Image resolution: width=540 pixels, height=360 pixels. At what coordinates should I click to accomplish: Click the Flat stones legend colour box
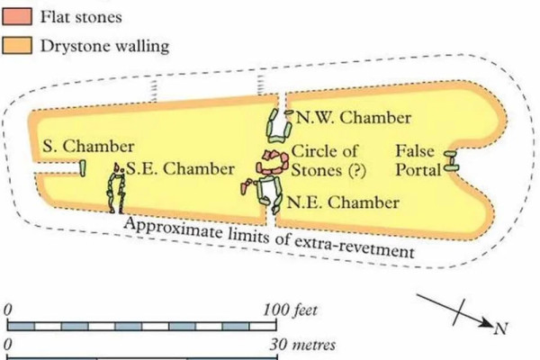tap(17, 16)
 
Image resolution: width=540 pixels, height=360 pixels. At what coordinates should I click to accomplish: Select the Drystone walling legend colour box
tap(17, 46)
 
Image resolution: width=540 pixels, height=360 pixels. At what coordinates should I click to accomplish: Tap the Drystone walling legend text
tap(105, 46)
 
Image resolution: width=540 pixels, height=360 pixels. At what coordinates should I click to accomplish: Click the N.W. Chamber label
tap(354, 118)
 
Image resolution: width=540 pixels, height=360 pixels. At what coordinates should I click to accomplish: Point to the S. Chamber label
tap(88, 146)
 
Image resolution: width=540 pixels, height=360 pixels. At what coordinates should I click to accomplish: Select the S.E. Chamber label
tap(181, 169)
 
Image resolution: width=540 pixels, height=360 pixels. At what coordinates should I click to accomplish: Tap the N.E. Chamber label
tap(343, 202)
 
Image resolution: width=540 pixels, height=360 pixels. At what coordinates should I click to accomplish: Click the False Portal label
tap(418, 160)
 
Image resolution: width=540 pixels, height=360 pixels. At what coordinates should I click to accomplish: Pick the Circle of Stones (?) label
tap(328, 160)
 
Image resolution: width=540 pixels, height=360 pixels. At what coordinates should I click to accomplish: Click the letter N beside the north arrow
tap(500, 328)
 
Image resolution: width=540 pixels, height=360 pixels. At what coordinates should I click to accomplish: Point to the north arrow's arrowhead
tap(487, 323)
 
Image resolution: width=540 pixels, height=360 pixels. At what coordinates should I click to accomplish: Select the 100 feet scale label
tap(290, 310)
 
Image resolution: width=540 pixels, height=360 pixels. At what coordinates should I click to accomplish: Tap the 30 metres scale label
tap(302, 345)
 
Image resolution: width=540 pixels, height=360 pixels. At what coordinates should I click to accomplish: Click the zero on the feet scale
tap(7, 310)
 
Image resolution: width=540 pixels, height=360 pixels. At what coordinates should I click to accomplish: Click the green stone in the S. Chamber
tap(82, 168)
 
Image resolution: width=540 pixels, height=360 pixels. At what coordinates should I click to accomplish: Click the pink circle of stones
tap(273, 162)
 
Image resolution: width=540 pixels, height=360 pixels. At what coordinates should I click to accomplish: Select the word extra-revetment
tap(354, 246)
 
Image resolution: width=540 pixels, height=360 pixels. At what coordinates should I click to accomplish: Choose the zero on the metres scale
tap(7, 344)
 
